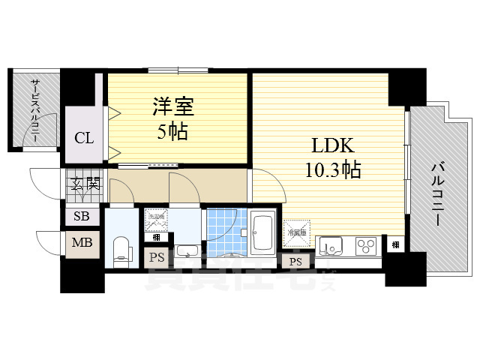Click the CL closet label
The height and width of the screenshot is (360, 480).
[83, 137]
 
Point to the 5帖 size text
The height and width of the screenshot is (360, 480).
[174, 132]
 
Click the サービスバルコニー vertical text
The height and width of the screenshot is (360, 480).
[34, 111]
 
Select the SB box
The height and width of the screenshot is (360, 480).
[80, 217]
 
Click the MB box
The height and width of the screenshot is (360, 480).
[80, 243]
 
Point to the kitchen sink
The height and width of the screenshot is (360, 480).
[330, 246]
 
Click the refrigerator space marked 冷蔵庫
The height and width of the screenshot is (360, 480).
[296, 232]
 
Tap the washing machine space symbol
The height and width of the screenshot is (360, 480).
[156, 220]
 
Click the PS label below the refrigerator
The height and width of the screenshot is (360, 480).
[295, 262]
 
